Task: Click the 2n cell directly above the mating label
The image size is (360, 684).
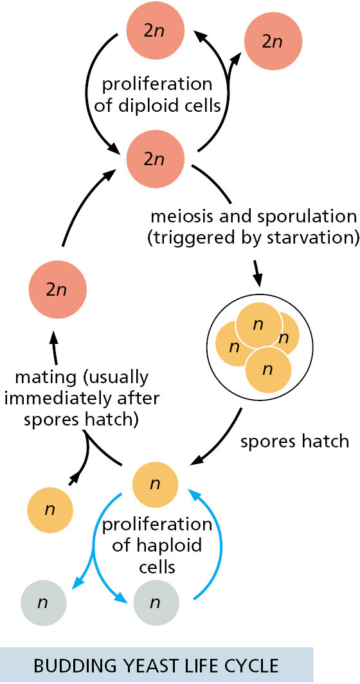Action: tap(58, 291)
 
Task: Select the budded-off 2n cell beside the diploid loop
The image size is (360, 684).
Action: tap(273, 42)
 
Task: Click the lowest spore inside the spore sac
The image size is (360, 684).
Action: tap(268, 370)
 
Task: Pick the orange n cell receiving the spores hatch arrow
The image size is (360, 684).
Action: tap(155, 484)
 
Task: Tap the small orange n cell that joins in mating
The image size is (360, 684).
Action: tap(50, 510)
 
